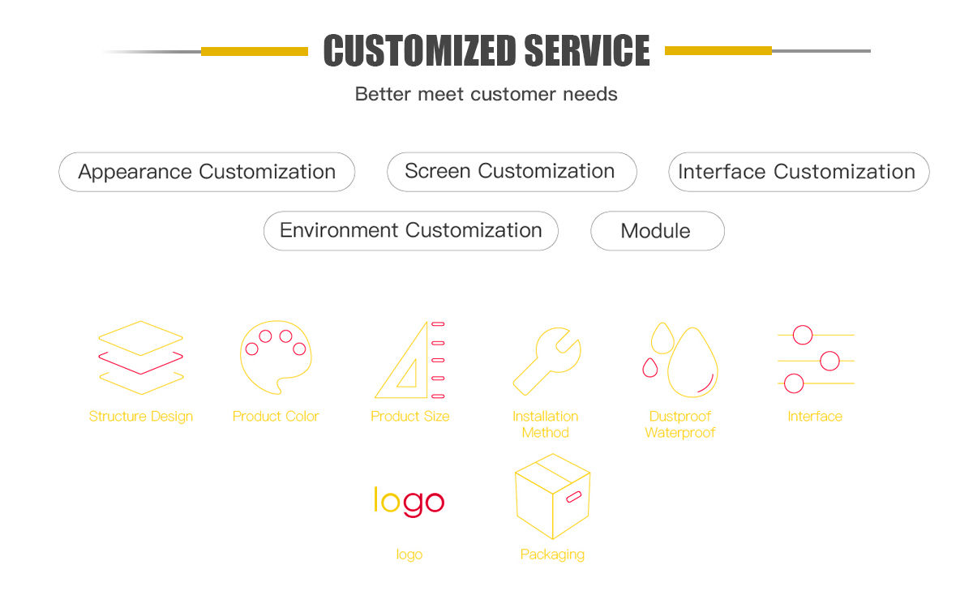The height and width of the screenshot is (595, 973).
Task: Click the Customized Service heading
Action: (486, 50)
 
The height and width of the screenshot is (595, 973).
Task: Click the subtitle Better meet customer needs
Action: (486, 94)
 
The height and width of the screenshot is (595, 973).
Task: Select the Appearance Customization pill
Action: (207, 172)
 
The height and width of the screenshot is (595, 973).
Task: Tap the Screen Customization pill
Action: (511, 172)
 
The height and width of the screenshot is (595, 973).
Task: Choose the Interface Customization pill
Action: (798, 172)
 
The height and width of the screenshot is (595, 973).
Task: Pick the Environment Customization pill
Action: (411, 231)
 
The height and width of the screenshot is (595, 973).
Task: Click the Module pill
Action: (657, 231)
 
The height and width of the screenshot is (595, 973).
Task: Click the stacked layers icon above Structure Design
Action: (141, 357)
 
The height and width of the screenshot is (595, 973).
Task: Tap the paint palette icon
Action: (275, 357)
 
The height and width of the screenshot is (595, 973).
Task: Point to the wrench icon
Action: (546, 360)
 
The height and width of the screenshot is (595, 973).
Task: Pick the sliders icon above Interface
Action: (815, 358)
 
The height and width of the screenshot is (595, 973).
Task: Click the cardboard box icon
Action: (552, 496)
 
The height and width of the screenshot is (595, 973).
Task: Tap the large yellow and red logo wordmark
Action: (409, 501)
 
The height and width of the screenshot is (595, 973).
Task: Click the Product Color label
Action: (276, 417)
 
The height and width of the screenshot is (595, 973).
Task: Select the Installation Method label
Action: (546, 425)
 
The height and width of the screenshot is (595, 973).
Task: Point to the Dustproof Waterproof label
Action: (680, 425)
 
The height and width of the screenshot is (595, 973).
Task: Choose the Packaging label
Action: (552, 555)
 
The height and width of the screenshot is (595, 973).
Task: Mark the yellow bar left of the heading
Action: (255, 51)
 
